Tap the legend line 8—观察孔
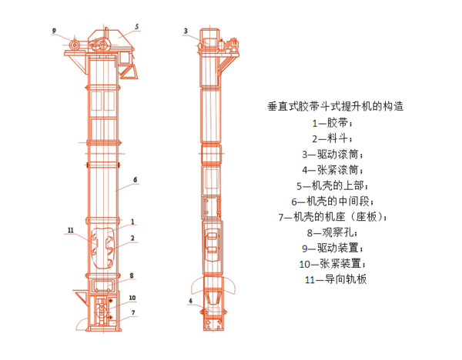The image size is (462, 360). (333, 232)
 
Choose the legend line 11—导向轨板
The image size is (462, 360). (336, 279)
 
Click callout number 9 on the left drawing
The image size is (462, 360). (55, 31)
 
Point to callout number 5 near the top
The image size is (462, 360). (137, 27)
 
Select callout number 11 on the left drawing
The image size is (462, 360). (69, 229)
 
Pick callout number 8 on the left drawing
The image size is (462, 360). (132, 275)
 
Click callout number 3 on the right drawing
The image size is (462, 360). (186, 31)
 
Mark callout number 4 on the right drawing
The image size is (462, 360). (189, 301)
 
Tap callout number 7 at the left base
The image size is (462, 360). (132, 312)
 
